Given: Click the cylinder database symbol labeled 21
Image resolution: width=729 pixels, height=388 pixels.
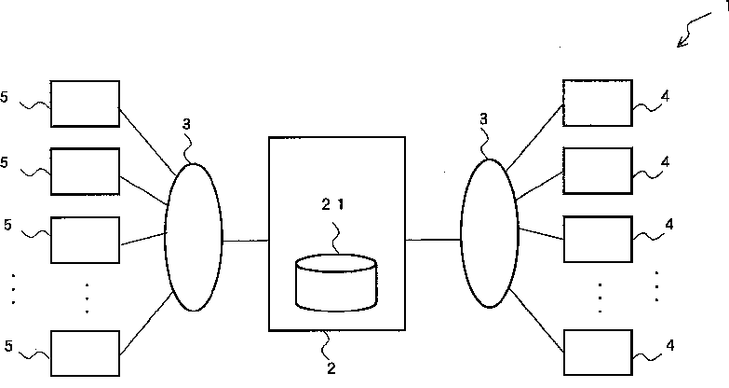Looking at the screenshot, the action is [336, 283].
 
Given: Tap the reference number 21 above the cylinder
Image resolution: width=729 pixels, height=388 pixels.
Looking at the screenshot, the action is [333, 204].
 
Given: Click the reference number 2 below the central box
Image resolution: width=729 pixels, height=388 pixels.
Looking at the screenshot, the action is [331, 368].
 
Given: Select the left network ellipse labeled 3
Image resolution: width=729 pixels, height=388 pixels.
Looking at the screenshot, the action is [194, 237].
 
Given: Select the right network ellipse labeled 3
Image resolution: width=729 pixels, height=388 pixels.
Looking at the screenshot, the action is [490, 233].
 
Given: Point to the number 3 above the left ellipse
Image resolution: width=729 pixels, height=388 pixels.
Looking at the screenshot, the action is [186, 124].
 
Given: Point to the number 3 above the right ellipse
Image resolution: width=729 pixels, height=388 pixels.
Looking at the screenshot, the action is [483, 119].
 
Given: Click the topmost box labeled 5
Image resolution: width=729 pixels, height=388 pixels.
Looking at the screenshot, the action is [85, 104].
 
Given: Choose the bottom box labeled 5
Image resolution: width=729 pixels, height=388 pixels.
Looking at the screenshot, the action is [85, 353].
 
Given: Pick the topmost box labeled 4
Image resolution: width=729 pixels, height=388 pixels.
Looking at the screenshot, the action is [598, 103].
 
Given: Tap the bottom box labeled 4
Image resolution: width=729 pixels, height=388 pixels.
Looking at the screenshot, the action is [599, 353].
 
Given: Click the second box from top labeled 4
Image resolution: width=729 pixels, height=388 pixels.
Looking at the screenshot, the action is [598, 171].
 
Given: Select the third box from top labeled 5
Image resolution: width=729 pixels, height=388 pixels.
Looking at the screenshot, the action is [85, 240].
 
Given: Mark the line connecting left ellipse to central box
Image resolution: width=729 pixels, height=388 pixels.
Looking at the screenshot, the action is [246, 241].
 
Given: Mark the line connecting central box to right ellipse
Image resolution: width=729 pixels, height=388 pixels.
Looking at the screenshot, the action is [433, 240].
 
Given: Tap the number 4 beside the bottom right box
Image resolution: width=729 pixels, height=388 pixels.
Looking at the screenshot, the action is [670, 345].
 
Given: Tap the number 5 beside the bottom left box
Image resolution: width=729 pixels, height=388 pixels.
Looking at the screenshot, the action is [8, 346].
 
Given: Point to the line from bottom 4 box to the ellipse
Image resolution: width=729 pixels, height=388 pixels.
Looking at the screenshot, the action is [537, 321].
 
